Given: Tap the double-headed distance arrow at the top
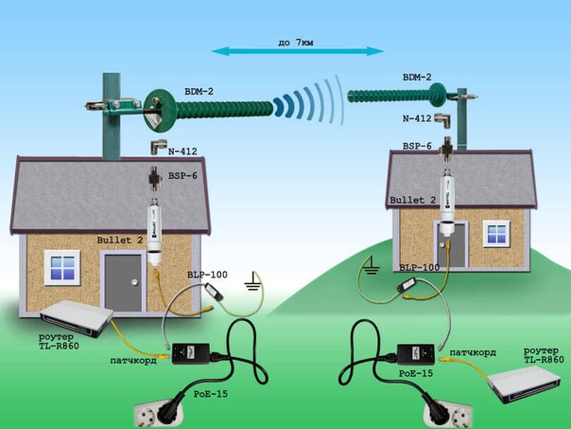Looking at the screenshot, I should tap(297, 50).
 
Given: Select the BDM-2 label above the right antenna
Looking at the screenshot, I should tap(417, 77).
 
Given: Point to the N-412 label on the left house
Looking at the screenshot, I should tap(186, 151).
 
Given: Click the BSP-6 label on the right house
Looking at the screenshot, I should tap(417, 147).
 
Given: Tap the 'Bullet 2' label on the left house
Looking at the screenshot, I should tap(120, 241).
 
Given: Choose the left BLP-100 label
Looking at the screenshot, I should tap(207, 274).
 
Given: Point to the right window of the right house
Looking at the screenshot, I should tap(496, 234).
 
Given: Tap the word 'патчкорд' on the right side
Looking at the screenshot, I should tap(473, 352).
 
